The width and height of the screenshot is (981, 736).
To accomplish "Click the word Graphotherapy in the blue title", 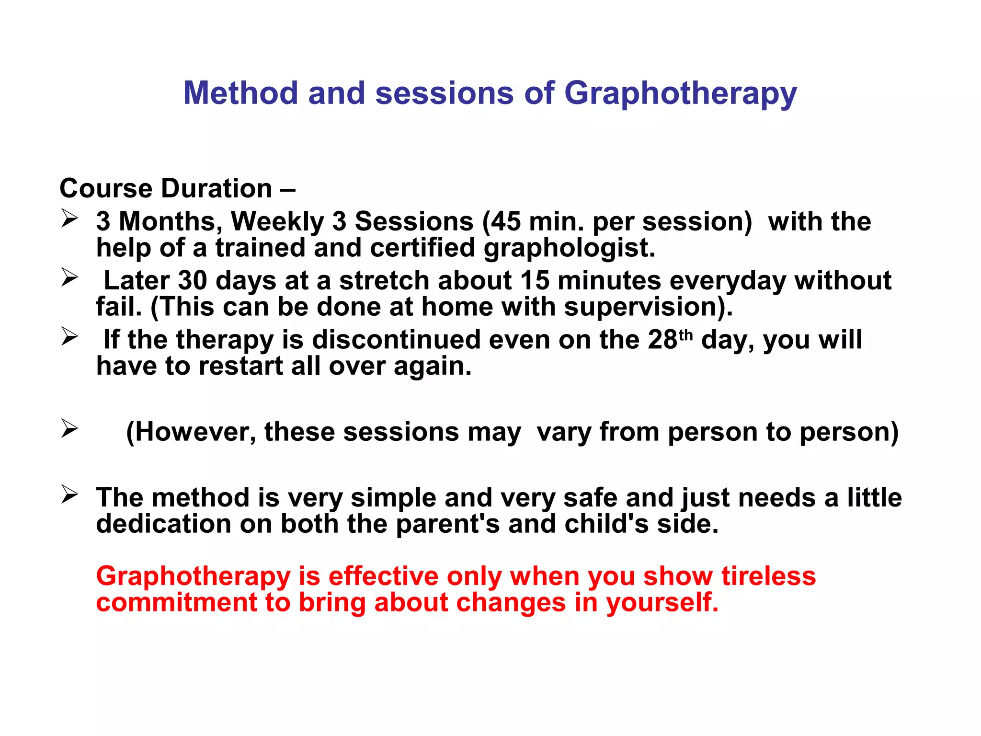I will (680, 93).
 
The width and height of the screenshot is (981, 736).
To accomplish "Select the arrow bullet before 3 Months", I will (69, 219).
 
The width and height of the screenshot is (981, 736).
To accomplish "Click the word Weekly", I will (278, 222).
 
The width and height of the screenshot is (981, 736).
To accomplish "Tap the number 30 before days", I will (192, 281).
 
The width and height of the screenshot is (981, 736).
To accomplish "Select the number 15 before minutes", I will (535, 281).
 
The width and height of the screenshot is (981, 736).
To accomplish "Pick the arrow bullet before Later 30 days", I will (69, 277).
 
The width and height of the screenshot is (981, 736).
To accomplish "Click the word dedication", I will (163, 524).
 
